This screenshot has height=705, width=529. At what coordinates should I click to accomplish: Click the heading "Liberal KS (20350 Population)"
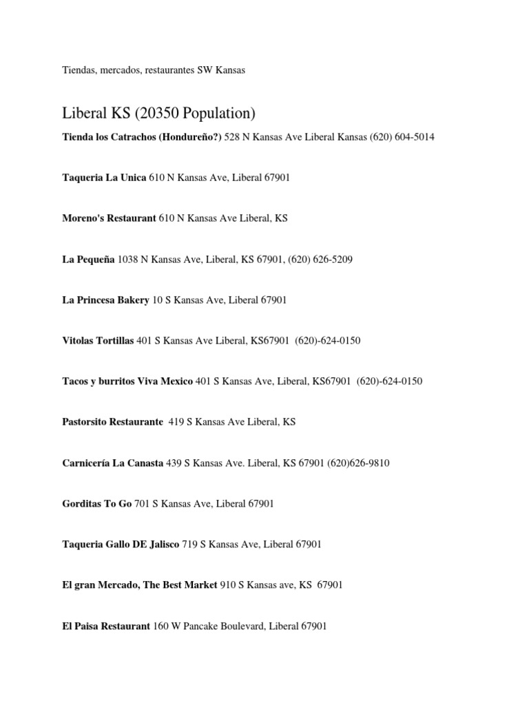coord(158,112)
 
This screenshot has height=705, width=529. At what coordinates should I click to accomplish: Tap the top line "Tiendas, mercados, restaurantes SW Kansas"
coord(154,71)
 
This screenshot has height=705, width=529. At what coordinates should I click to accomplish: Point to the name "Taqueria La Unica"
coord(103,178)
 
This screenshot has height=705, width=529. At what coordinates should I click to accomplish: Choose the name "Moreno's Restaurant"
coord(109,218)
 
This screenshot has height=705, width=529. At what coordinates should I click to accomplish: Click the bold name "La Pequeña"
coord(88,260)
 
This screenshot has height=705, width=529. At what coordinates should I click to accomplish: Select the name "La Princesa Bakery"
coord(105,300)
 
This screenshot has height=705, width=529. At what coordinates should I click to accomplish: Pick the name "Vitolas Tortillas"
coord(98,341)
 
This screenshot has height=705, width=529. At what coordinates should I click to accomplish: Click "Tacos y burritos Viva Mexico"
coord(127,381)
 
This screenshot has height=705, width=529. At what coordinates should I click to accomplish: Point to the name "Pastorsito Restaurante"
coord(112,422)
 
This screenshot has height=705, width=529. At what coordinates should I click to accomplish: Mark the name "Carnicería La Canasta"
coord(113,463)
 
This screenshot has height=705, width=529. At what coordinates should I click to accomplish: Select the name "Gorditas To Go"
coord(96,504)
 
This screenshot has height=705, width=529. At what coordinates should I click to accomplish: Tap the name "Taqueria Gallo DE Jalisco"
coord(120,545)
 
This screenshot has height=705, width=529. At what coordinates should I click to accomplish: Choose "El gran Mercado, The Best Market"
coord(139,585)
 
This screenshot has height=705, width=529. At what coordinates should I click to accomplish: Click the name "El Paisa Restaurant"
coord(105,627)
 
